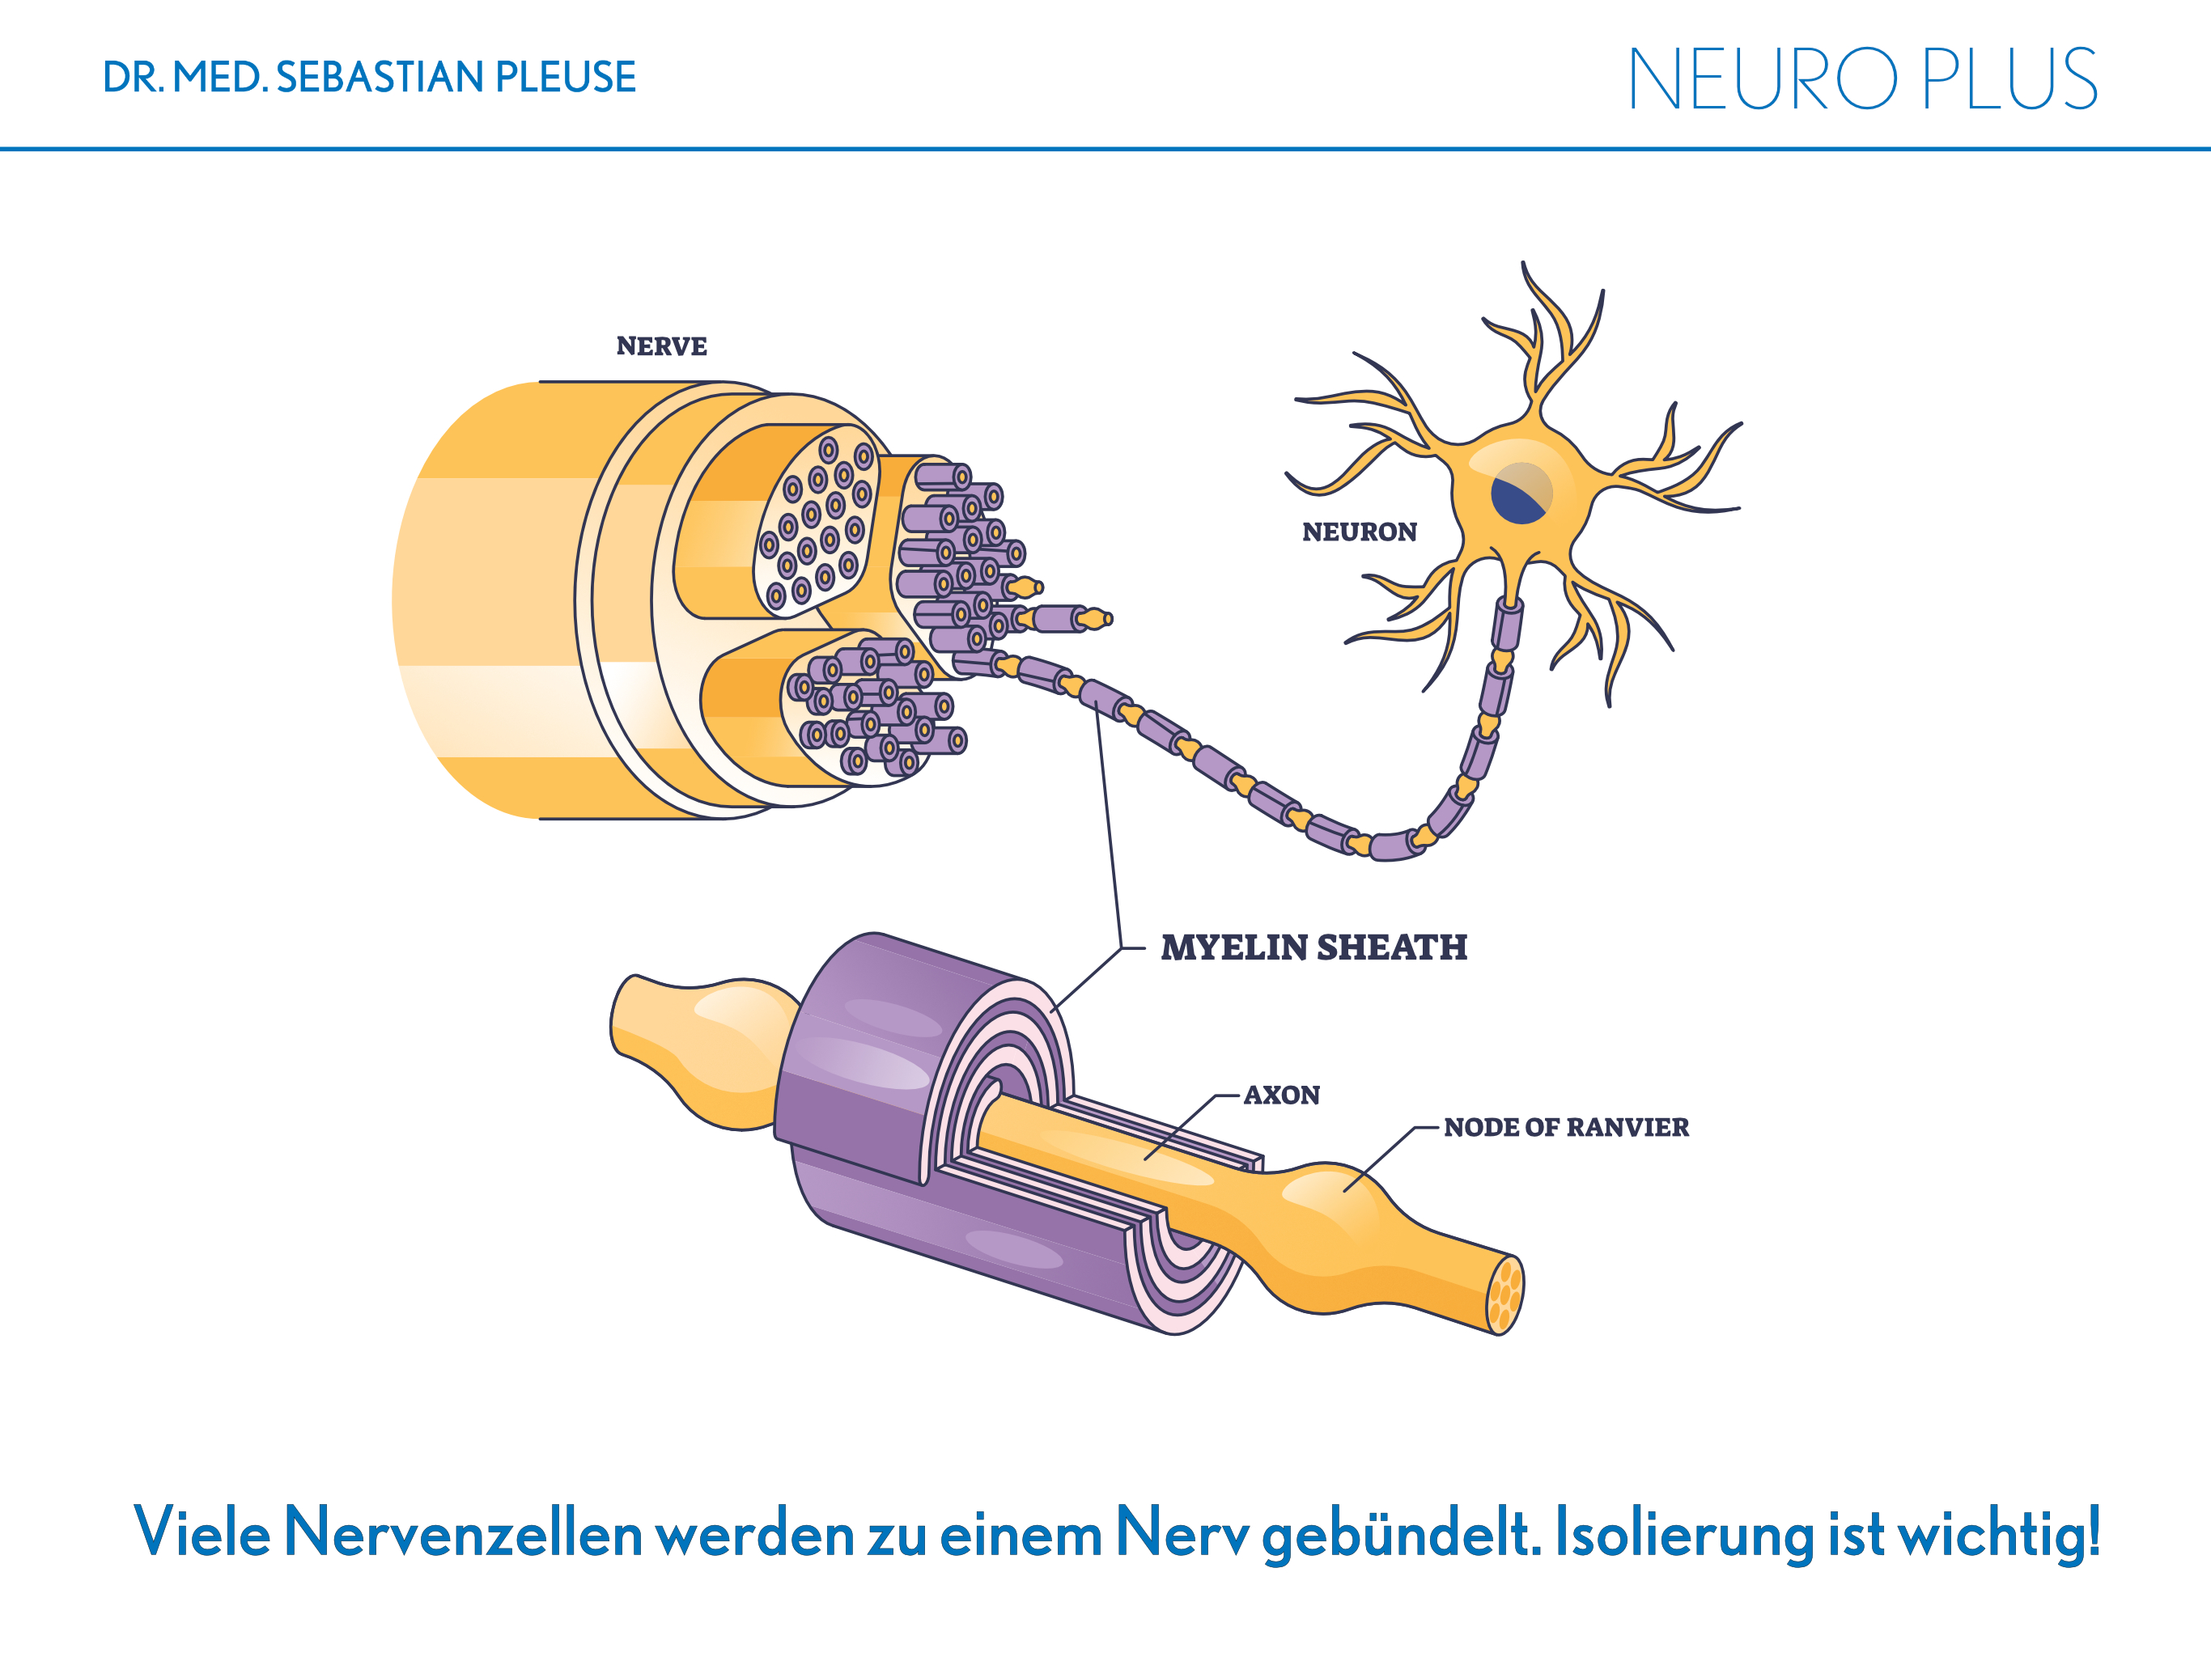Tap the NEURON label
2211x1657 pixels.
pos(1360,532)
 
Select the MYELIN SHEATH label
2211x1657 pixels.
pos(1313,947)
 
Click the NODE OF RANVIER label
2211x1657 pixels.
pos(1566,1127)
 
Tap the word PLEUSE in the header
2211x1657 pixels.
pos(566,78)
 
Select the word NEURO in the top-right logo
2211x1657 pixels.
pos(1763,79)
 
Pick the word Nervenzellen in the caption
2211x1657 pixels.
pos(463,1532)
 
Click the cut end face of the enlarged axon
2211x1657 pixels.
pos(1505,1295)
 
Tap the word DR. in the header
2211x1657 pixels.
pos(133,78)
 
